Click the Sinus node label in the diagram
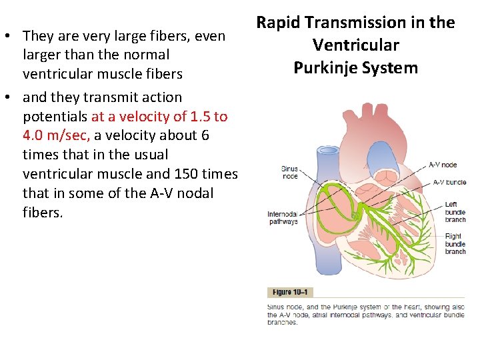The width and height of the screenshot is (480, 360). pyautogui.click(x=289, y=173)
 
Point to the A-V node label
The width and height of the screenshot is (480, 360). pyautogui.click(x=443, y=165)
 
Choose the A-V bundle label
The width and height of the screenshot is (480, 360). pyautogui.click(x=449, y=182)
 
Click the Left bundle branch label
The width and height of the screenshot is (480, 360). pyautogui.click(x=455, y=212)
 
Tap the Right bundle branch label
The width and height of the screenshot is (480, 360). pyautogui.click(x=455, y=243)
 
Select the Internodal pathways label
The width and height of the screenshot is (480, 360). pyautogui.click(x=283, y=218)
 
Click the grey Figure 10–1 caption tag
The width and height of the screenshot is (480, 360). pyautogui.click(x=290, y=292)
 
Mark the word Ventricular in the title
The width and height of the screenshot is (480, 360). pyautogui.click(x=356, y=45)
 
